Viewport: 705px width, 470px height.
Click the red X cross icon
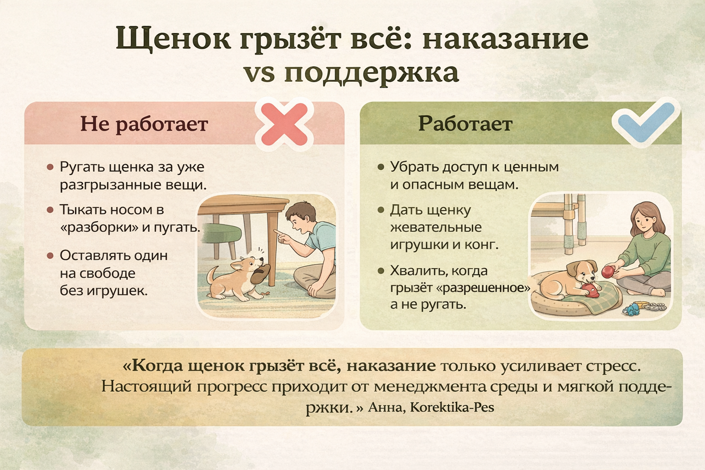point(284,124)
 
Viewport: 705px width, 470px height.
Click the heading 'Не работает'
point(144,124)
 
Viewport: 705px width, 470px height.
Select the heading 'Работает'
point(465,124)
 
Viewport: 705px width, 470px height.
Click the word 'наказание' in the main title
point(505,39)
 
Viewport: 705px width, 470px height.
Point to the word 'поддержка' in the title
point(371,73)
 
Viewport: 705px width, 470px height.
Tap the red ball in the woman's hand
point(608,271)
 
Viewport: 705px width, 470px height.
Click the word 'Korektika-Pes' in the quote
point(452,408)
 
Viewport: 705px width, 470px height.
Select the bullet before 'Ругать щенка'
point(50,167)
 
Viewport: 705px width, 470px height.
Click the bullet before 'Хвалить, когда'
point(381,271)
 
